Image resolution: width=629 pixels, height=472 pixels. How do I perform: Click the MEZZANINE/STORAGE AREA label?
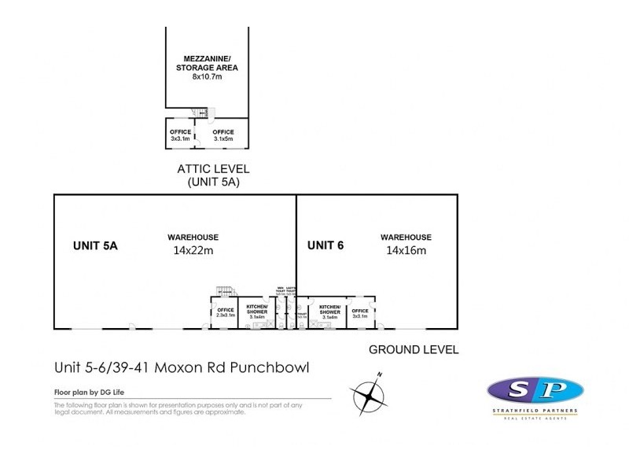click(x=207, y=63)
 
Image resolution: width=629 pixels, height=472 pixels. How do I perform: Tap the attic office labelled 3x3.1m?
click(x=180, y=135)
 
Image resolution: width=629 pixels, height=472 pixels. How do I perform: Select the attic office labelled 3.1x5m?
click(x=223, y=135)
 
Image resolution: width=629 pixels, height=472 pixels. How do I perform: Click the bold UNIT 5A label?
click(x=95, y=246)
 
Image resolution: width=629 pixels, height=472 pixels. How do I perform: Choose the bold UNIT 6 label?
click(x=326, y=246)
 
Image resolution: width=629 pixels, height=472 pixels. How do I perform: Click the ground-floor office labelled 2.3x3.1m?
click(x=224, y=312)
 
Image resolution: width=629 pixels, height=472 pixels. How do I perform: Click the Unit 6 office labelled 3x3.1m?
click(x=360, y=312)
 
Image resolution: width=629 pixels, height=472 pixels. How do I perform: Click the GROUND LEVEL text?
click(x=414, y=349)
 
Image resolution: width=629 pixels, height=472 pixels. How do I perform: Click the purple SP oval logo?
click(x=535, y=390)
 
